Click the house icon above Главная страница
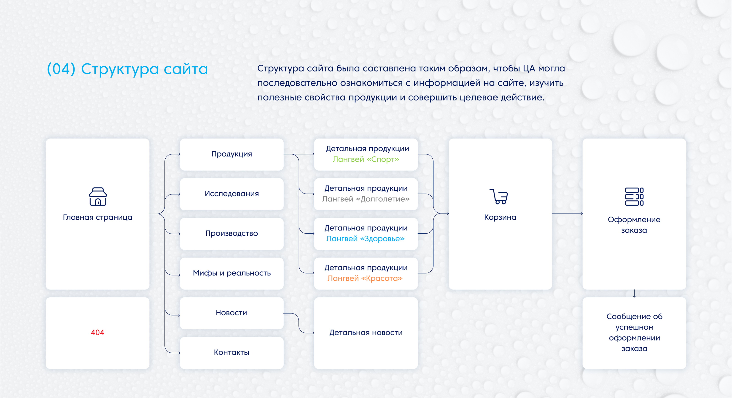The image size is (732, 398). click(98, 196)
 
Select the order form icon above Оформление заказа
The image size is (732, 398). click(634, 196)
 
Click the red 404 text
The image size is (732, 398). click(97, 332)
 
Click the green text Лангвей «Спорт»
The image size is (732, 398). click(366, 159)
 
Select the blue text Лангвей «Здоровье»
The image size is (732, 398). click(366, 239)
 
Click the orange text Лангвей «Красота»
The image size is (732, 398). click(365, 278)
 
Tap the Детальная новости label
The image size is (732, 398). click(366, 333)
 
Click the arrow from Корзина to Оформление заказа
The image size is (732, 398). click(567, 213)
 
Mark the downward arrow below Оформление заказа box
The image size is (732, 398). click(634, 294)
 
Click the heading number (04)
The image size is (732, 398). click(61, 69)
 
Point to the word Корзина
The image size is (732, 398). click(500, 217)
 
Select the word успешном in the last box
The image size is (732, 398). click(635, 327)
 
